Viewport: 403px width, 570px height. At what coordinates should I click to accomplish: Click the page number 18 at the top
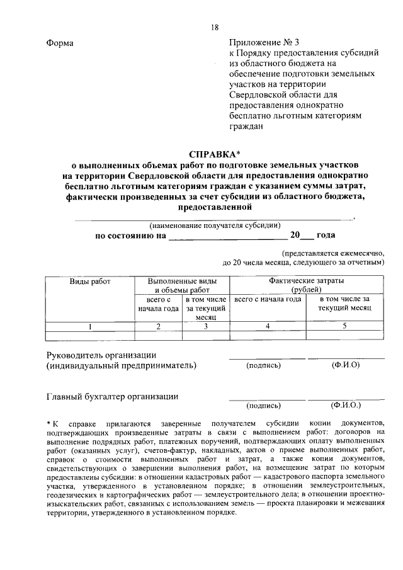point(215,27)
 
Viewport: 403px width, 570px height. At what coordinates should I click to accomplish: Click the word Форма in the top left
point(60,43)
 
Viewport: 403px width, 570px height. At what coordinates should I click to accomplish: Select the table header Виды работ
point(89,282)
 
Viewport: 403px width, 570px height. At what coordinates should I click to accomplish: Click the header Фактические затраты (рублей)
point(310,285)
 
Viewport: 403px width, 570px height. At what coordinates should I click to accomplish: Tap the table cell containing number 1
point(90,326)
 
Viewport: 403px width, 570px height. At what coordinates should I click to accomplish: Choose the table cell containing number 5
point(344,326)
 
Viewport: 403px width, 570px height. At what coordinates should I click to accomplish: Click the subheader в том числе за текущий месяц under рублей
point(344,304)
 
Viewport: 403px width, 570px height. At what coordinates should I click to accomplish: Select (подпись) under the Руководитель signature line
point(264,365)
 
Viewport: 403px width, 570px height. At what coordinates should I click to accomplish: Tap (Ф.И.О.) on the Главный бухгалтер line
point(346,405)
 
